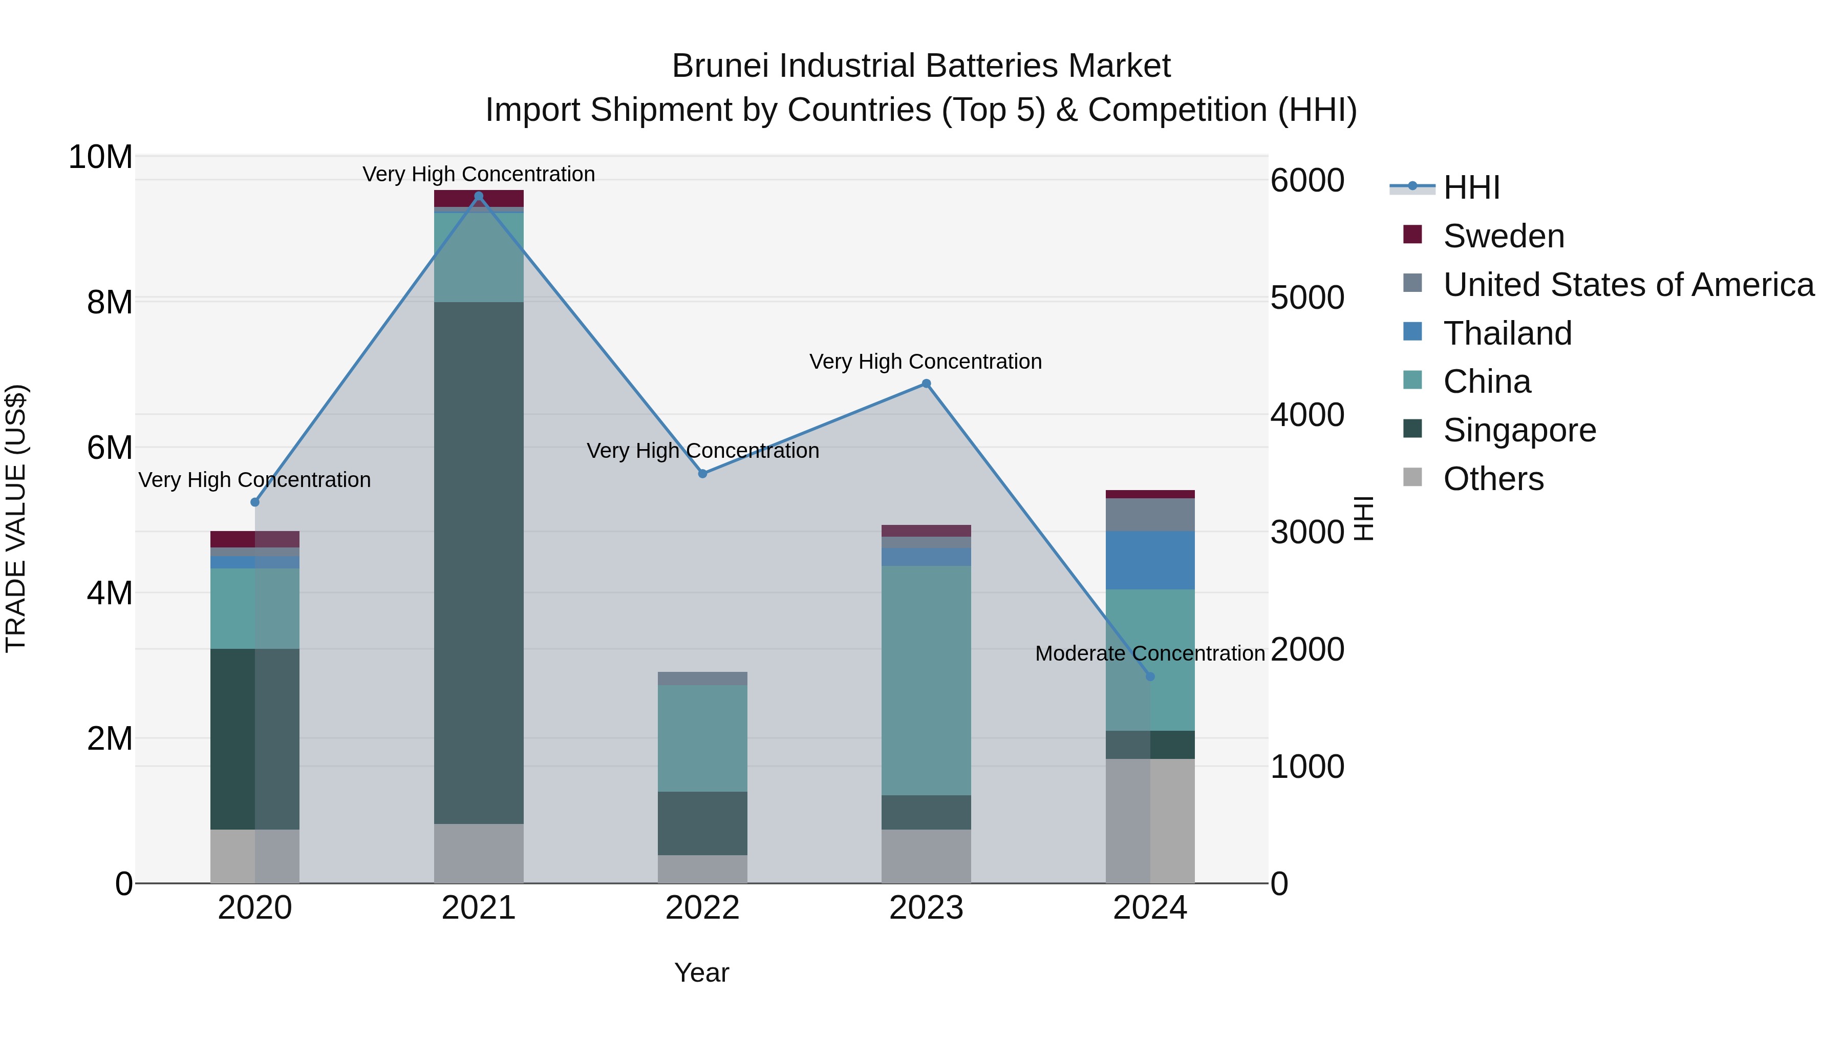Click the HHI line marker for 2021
(479, 196)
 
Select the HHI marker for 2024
(1150, 676)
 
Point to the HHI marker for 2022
(702, 474)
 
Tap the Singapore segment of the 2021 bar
(479, 562)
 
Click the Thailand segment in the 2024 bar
(1150, 560)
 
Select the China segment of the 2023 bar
(926, 680)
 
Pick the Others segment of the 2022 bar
(702, 869)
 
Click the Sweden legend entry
(1503, 236)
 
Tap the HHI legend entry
(1470, 187)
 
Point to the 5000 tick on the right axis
(1307, 298)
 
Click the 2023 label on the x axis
(926, 908)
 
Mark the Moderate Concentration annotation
(1150, 653)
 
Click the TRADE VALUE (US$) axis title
(16, 518)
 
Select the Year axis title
(701, 972)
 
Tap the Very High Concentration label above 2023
(925, 362)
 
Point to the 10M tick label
(100, 157)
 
